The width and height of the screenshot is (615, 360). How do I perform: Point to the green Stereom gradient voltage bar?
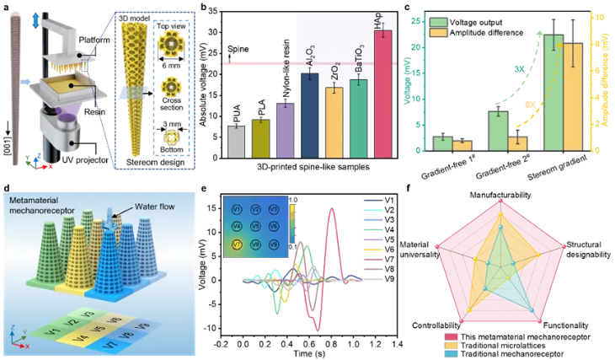tap(553, 93)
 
